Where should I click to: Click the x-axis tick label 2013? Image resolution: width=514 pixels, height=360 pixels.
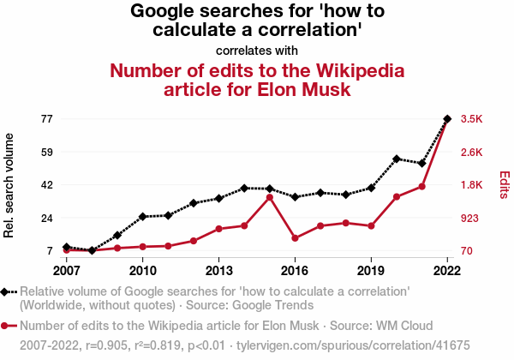click(x=218, y=270)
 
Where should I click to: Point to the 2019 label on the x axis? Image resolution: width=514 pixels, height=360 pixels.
click(x=371, y=270)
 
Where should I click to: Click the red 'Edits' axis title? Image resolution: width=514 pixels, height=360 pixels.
click(x=505, y=185)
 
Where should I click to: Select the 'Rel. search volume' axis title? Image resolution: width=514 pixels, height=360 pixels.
click(x=10, y=185)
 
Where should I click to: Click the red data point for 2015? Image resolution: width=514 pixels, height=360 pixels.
click(x=270, y=197)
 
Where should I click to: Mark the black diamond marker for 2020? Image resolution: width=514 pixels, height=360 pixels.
click(x=397, y=159)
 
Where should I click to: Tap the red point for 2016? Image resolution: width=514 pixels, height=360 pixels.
click(x=295, y=238)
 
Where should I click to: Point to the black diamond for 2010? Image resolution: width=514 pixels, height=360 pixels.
click(x=143, y=217)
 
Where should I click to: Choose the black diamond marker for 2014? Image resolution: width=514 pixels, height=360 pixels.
click(x=244, y=188)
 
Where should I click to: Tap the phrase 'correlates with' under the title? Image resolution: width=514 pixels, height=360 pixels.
click(x=257, y=50)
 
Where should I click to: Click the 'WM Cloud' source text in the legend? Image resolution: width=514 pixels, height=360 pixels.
click(x=388, y=326)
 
